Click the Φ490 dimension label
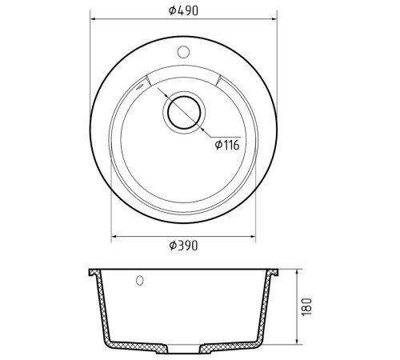click(x=183, y=10)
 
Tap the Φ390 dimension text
click(x=183, y=246)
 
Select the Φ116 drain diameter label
click(x=227, y=145)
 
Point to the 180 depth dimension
click(x=306, y=306)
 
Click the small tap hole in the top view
click(x=183, y=52)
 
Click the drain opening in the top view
click(x=184, y=113)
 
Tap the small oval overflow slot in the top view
click(x=140, y=87)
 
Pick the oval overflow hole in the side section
click(x=140, y=280)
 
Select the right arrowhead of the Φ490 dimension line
click(x=274, y=19)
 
